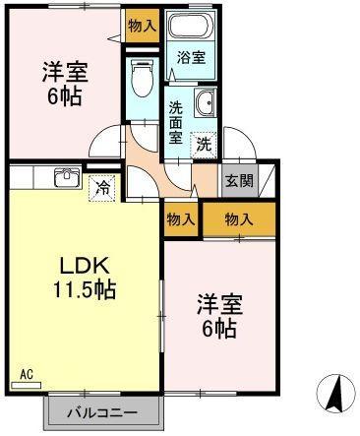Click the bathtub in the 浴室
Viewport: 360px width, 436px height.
click(x=190, y=26)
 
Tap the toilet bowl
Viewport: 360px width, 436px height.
click(x=142, y=78)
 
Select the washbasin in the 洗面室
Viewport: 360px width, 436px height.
click(x=205, y=102)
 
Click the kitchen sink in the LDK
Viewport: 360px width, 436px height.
click(x=67, y=177)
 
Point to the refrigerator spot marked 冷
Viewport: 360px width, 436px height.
click(x=101, y=188)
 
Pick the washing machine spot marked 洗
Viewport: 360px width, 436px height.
click(x=204, y=145)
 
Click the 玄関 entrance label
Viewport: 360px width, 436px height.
click(x=240, y=181)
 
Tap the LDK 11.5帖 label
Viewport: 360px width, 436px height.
click(x=85, y=279)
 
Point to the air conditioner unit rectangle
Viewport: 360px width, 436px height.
click(x=27, y=386)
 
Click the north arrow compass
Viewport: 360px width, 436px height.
click(x=336, y=394)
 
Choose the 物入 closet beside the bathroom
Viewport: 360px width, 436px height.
click(x=143, y=26)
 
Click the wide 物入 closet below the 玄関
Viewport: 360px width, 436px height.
click(x=239, y=219)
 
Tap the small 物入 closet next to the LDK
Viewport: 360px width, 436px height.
click(x=181, y=219)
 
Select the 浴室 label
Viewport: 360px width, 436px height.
click(x=191, y=58)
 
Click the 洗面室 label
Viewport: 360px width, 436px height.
click(x=176, y=122)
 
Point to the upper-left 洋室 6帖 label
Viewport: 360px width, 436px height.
click(x=65, y=84)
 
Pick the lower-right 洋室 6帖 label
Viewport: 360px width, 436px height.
click(x=219, y=316)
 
